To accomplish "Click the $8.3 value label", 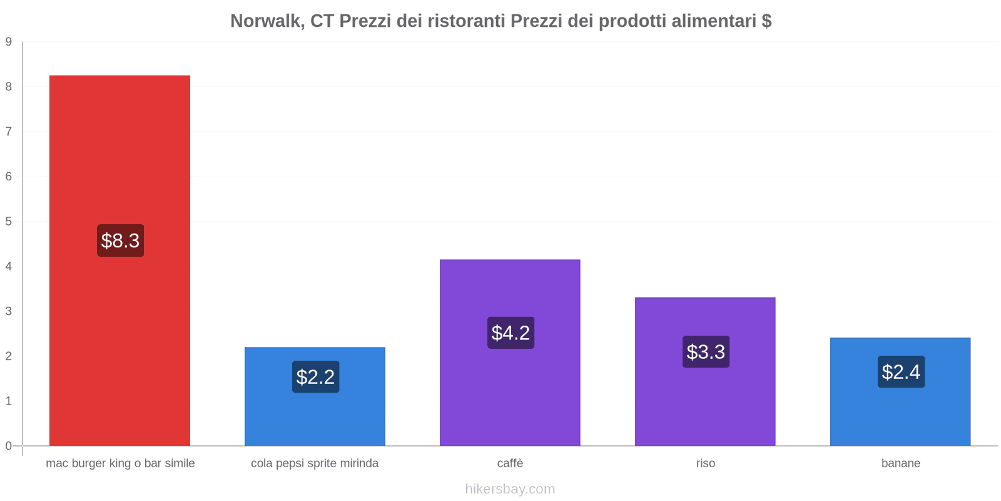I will click(120, 240).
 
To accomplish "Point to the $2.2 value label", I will click(315, 377).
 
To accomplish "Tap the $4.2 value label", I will click(511, 333).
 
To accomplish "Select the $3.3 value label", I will click(706, 352).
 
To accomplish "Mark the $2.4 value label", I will click(901, 372).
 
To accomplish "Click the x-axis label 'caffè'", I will click(510, 463).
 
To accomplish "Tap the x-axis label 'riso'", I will click(705, 463).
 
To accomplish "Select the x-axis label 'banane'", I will click(900, 463).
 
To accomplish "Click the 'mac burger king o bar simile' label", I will click(120, 463).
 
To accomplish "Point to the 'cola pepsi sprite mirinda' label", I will click(315, 463).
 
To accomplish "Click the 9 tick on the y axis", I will click(9, 42).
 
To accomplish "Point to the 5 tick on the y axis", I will click(9, 222).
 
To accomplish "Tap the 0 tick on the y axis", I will click(9, 446).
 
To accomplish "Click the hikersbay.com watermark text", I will click(510, 489).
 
